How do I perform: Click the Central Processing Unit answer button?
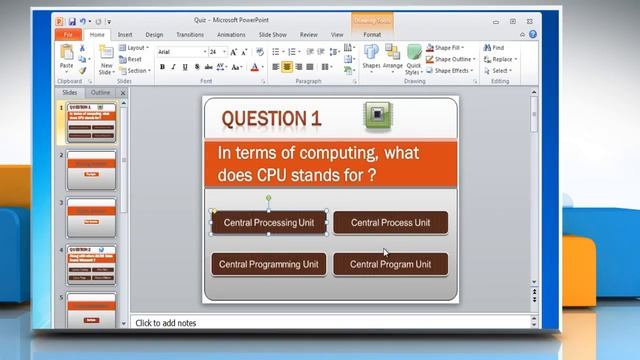269,223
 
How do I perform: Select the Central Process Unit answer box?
390,223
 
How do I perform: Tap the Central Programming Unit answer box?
269,265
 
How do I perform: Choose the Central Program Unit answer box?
390,265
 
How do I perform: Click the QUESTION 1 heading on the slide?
271,119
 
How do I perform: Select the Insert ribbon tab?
125,34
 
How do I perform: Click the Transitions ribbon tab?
189,34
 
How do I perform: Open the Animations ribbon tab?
232,34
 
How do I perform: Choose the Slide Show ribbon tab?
273,34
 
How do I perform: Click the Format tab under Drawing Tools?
372,34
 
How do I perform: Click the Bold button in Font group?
162,67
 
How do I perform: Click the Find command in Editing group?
497,47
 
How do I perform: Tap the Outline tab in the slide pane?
101,92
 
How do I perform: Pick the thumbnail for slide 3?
91,217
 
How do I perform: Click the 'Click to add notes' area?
330,323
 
